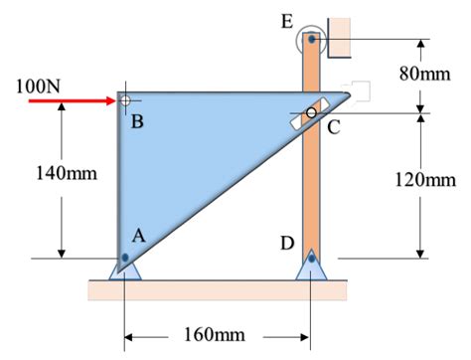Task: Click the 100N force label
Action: tap(37, 84)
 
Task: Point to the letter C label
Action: tap(334, 126)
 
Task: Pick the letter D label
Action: tap(286, 242)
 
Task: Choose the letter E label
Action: tap(288, 21)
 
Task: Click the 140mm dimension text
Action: tap(67, 174)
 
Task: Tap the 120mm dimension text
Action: tap(425, 179)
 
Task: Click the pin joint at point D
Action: tap(311, 259)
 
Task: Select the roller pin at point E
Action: tap(311, 40)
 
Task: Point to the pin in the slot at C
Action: tap(311, 113)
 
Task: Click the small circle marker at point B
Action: tap(124, 100)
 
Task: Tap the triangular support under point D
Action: tap(311, 267)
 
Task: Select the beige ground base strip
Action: tap(218, 289)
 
